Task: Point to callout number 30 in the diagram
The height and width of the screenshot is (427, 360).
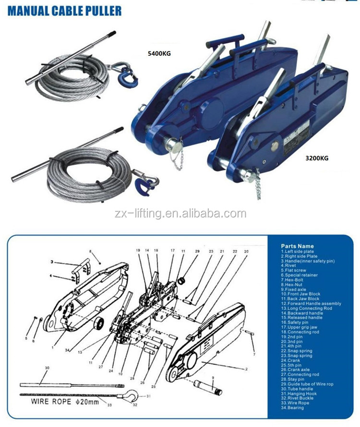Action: click(x=47, y=367)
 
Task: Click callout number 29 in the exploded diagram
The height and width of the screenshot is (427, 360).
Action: click(x=197, y=251)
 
